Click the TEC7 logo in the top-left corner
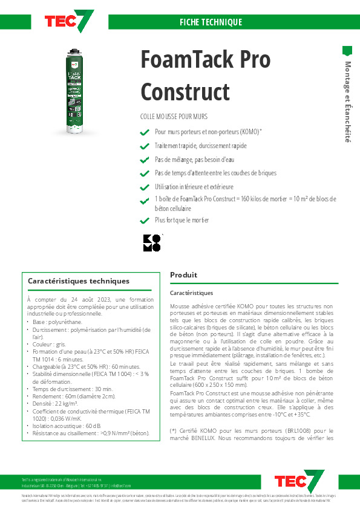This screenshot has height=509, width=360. pyautogui.click(x=69, y=21)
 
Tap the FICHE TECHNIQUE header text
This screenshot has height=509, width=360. pyautogui.click(x=211, y=22)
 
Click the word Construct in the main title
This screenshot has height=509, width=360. pyautogui.click(x=185, y=92)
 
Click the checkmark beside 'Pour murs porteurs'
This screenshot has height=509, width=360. pyautogui.click(x=144, y=132)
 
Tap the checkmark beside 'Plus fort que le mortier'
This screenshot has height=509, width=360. pyautogui.click(x=144, y=221)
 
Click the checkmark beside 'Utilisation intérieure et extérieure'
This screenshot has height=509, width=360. pyautogui.click(x=144, y=187)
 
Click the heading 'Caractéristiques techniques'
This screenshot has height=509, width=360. pyautogui.click(x=79, y=281)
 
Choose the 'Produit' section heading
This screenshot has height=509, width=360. pyautogui.click(x=184, y=274)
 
